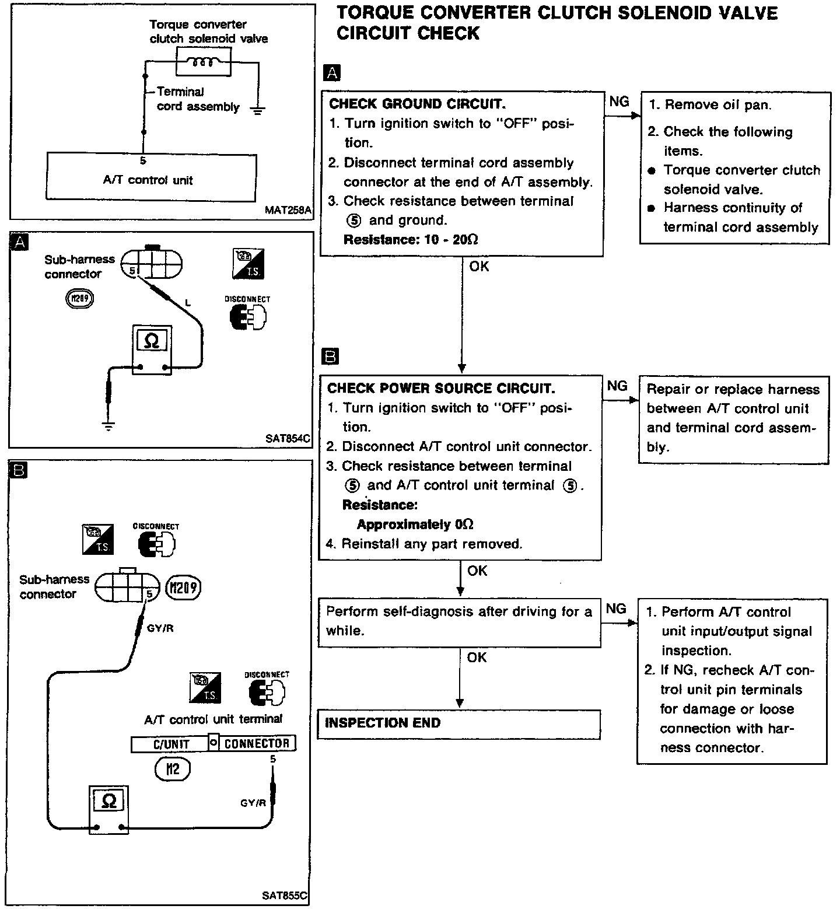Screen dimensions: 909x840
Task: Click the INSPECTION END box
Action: point(459,723)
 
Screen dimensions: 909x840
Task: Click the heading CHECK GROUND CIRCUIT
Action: point(417,104)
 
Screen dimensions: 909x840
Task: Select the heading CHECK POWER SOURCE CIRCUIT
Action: point(441,389)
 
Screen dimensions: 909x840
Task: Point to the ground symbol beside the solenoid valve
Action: point(257,109)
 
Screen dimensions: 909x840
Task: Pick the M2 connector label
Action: point(173,769)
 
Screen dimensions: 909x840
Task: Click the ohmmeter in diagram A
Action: point(152,349)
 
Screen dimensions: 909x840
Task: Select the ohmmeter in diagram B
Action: point(108,809)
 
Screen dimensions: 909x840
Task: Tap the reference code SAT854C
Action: point(288,438)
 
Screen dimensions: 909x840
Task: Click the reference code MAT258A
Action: point(288,210)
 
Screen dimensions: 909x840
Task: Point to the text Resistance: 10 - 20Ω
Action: point(411,240)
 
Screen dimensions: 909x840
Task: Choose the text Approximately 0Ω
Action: point(415,525)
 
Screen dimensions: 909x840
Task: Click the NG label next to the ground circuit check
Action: point(619,102)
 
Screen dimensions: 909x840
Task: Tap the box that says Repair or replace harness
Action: point(733,419)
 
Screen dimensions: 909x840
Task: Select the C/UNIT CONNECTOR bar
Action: point(213,743)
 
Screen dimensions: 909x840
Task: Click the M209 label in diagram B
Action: point(183,588)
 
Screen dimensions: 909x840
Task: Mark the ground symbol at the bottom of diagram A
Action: point(108,426)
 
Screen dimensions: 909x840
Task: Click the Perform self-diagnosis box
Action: point(459,621)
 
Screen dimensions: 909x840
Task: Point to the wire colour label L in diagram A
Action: point(187,302)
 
